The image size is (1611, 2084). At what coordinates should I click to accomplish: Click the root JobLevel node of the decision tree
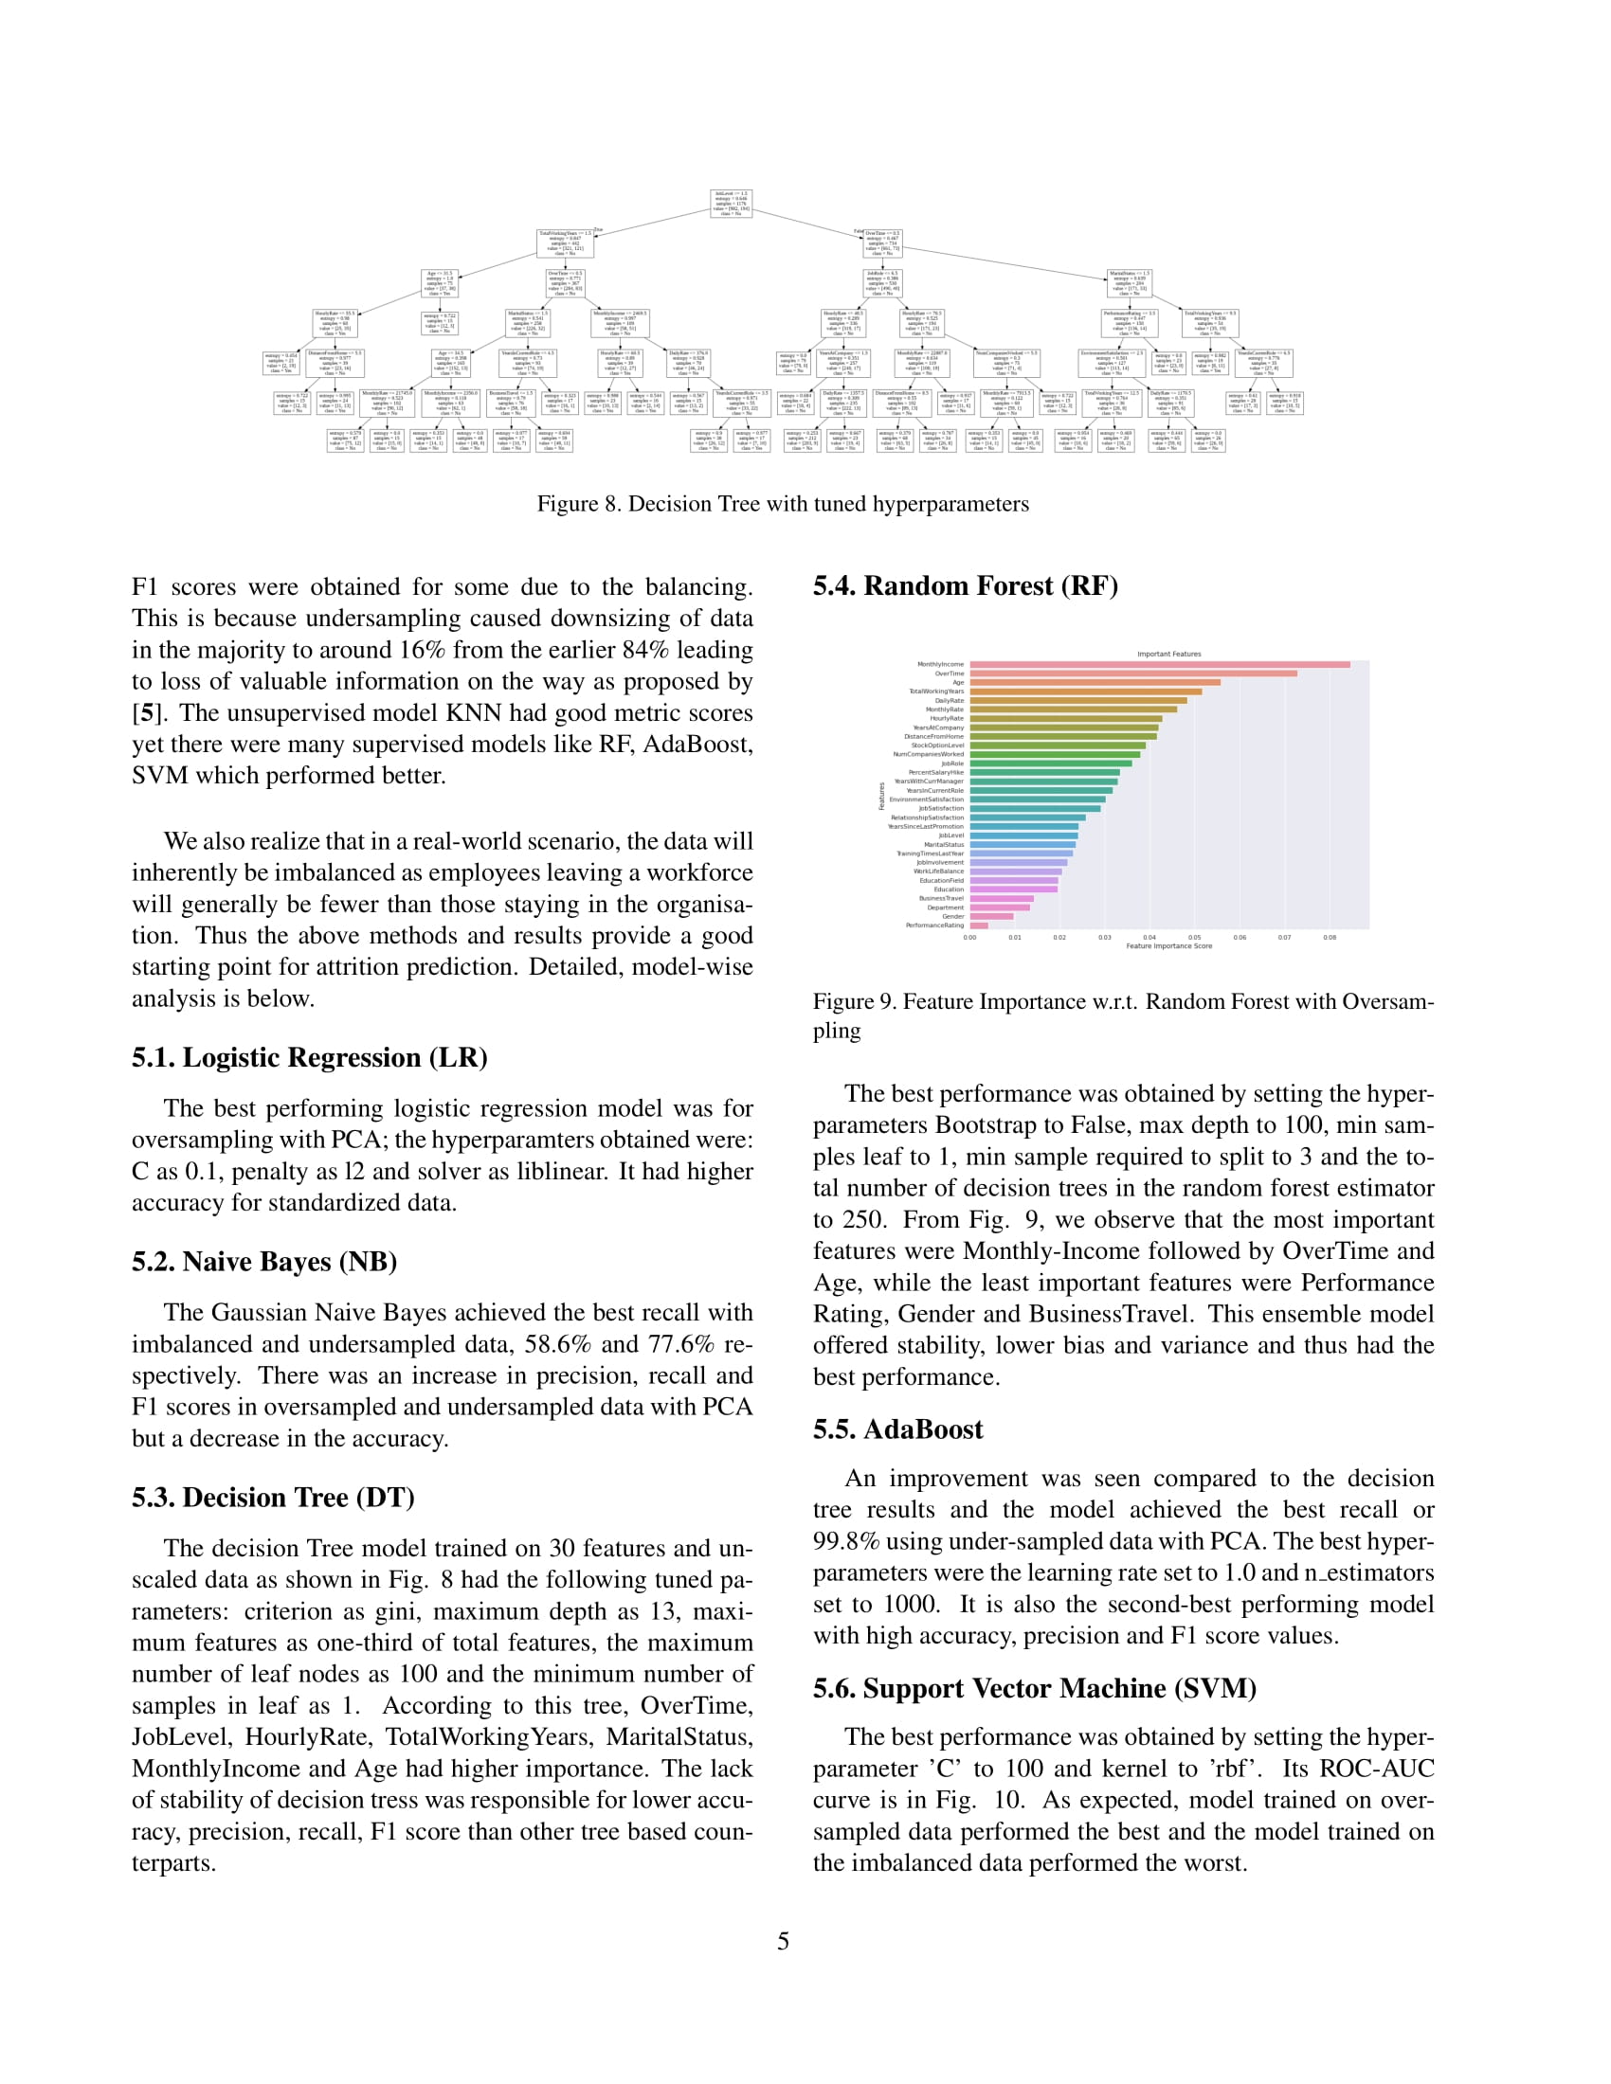pyautogui.click(x=732, y=204)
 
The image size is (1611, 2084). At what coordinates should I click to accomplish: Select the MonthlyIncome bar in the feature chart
pyautogui.click(x=1159, y=664)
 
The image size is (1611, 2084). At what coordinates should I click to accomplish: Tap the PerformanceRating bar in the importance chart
pyautogui.click(x=979, y=925)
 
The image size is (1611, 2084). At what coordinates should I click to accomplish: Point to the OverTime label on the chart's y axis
pyautogui.click(x=950, y=674)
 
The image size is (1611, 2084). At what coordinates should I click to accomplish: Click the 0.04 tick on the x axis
pyautogui.click(x=1149, y=938)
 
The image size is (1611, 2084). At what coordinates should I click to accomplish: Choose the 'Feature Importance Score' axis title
pyautogui.click(x=1168, y=946)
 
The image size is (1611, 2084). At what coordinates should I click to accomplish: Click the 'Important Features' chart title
pyautogui.click(x=1168, y=654)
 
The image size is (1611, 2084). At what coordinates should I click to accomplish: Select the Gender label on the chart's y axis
pyautogui.click(x=952, y=917)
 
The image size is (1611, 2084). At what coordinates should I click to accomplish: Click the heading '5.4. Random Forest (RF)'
pyautogui.click(x=965, y=585)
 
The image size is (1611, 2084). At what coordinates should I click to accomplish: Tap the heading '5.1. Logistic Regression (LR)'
pyautogui.click(x=309, y=1057)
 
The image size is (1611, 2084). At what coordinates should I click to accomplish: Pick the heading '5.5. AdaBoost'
pyautogui.click(x=897, y=1429)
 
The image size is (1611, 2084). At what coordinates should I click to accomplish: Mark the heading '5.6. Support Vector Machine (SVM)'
pyautogui.click(x=1034, y=1689)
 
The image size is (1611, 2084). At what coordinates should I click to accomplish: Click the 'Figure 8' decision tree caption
pyautogui.click(x=783, y=504)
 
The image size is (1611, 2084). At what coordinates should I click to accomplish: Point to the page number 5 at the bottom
pyautogui.click(x=784, y=1942)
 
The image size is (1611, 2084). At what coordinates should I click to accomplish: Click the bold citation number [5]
pyautogui.click(x=145, y=712)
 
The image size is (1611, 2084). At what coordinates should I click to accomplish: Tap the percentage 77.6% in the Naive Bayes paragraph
pyautogui.click(x=680, y=1344)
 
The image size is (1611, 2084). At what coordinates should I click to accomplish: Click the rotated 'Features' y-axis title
pyautogui.click(x=882, y=796)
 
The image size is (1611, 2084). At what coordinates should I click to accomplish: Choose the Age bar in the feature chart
pyautogui.click(x=1095, y=682)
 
